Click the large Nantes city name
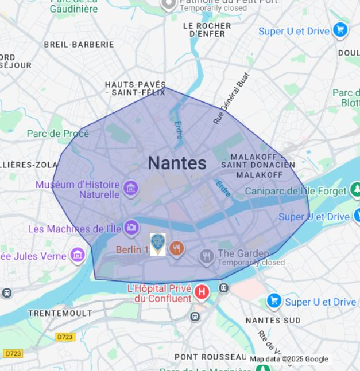(177, 163)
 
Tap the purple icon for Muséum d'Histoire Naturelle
(130, 188)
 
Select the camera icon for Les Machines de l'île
(131, 228)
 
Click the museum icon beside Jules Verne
(78, 255)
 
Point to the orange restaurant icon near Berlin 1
(177, 249)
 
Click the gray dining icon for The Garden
(207, 256)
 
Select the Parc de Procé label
(58, 134)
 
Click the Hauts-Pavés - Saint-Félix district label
(136, 88)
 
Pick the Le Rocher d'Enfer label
(207, 30)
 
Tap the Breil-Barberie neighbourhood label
(79, 44)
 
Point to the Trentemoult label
(60, 313)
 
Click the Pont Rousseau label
(210, 357)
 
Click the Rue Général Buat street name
(231, 98)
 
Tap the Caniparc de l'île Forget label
(295, 190)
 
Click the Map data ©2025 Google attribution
(289, 359)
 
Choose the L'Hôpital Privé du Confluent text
(159, 293)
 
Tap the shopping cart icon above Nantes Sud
(274, 300)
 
